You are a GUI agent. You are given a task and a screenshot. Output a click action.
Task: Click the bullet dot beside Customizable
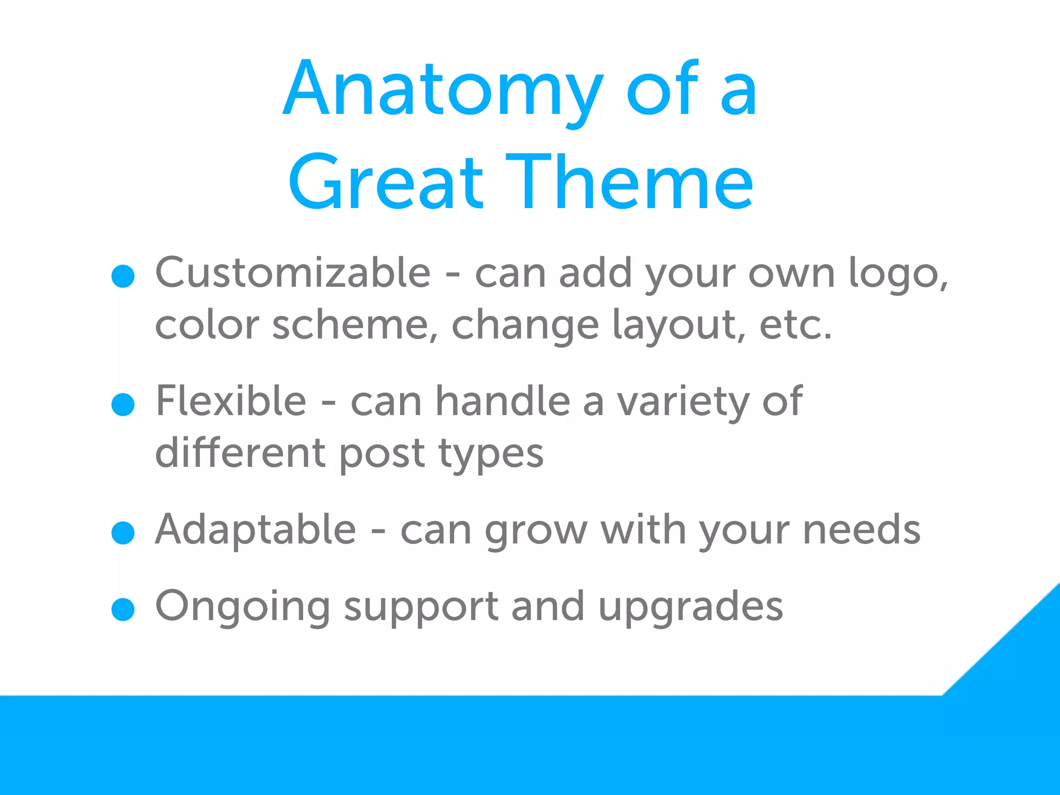tap(123, 276)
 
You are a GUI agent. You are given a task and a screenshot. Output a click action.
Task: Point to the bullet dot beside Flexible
tap(123, 404)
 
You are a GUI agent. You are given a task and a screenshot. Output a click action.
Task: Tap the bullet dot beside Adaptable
tap(123, 533)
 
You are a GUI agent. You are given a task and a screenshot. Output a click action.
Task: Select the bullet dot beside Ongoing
tap(123, 609)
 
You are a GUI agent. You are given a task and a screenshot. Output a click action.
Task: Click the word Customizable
tap(293, 273)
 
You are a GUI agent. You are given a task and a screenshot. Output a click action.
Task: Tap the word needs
tap(861, 529)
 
